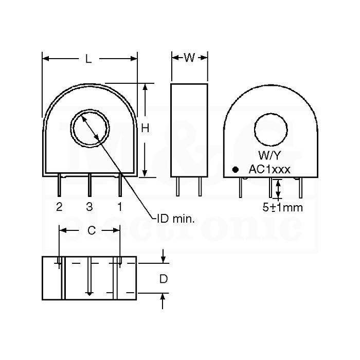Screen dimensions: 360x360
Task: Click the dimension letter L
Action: pyautogui.click(x=88, y=59)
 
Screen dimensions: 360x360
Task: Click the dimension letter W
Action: pyautogui.click(x=189, y=58)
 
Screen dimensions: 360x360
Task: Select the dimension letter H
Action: pyautogui.click(x=145, y=128)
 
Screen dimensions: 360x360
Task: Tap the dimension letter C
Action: pyautogui.click(x=92, y=230)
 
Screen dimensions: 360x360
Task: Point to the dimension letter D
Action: pyautogui.click(x=164, y=279)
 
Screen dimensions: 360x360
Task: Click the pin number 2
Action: pyautogui.click(x=59, y=207)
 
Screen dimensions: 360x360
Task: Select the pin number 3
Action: pyautogui.click(x=89, y=207)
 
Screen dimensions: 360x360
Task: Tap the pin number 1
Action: pyautogui.click(x=120, y=207)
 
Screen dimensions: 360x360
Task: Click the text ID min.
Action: pyautogui.click(x=176, y=219)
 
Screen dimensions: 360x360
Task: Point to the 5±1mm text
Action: pyautogui.click(x=283, y=207)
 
